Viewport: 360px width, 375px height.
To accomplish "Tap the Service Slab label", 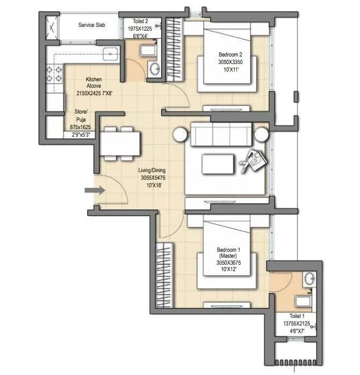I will tap(91, 25).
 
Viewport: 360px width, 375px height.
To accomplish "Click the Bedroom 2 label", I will tap(231, 54).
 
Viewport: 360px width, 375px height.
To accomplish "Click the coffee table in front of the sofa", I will tap(218, 162).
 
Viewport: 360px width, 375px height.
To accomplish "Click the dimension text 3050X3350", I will tap(231, 62).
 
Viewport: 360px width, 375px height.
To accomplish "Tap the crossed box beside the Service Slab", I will tap(53, 25).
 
